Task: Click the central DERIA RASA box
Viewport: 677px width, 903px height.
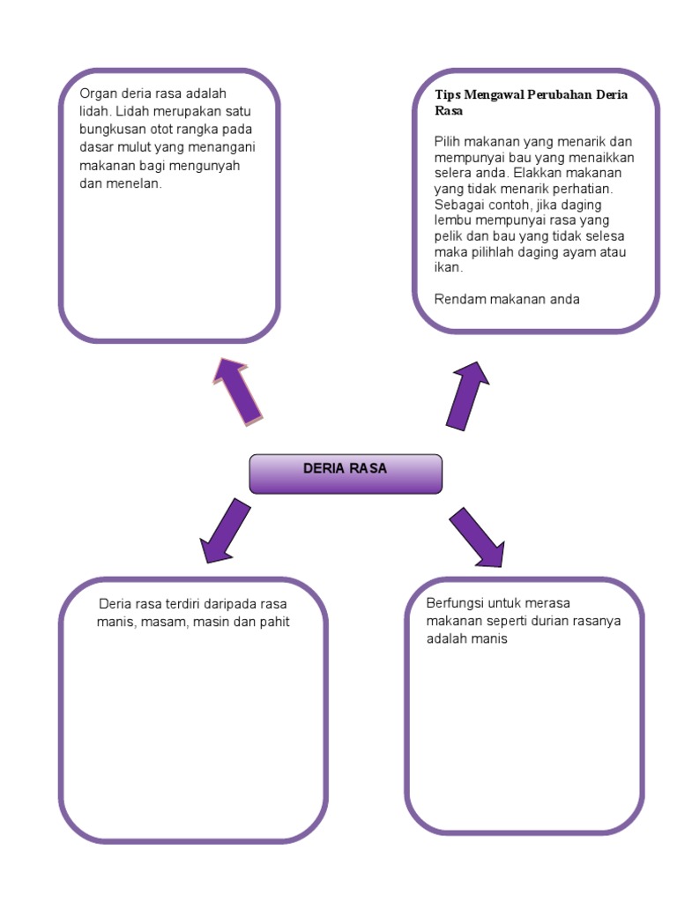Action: point(346,474)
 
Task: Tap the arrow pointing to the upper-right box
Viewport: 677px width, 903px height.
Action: point(468,394)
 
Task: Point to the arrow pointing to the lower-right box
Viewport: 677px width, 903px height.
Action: point(477,536)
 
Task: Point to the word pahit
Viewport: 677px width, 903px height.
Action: point(273,622)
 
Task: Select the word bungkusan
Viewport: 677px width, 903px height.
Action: point(110,130)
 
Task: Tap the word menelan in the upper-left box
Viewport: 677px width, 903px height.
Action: point(140,183)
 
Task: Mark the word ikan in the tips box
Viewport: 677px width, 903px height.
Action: point(447,267)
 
